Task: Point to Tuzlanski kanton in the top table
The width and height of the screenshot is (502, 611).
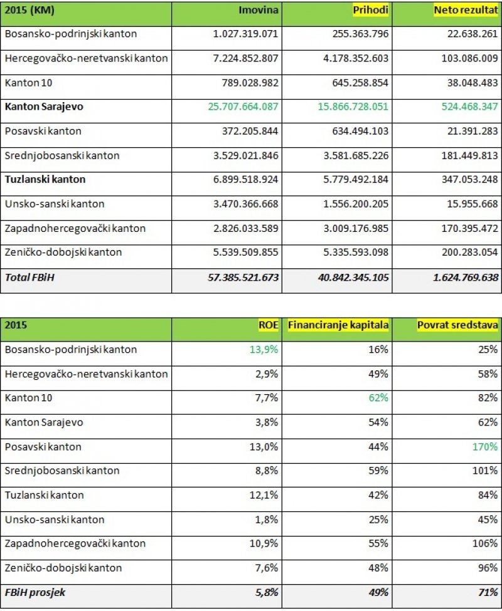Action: [x=45, y=179]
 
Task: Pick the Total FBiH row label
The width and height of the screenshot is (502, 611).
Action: [x=29, y=276]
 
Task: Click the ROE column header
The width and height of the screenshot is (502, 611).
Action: [x=268, y=326]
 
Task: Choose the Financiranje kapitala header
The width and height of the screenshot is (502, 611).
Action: [x=338, y=326]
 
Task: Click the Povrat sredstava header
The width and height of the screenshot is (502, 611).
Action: [x=458, y=326]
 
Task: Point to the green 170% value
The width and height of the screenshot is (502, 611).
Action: [x=486, y=447]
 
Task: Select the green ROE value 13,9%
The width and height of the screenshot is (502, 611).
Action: [x=264, y=350]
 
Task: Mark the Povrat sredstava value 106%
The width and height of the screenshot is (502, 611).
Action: [x=486, y=543]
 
